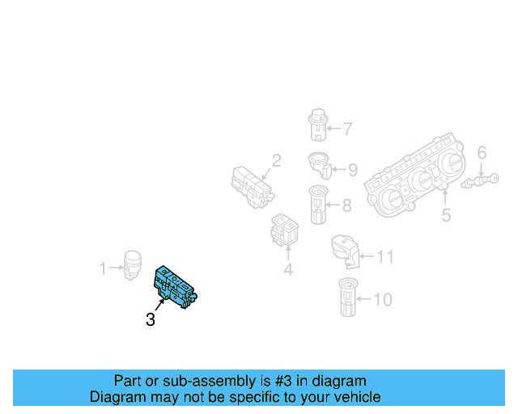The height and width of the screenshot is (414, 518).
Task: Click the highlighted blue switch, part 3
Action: click(176, 285)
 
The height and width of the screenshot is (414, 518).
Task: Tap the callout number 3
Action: click(151, 320)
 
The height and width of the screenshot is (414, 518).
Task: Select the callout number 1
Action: click(103, 268)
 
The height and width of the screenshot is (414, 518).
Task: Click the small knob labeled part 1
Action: click(131, 265)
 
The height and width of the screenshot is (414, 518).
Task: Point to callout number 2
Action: click(276, 161)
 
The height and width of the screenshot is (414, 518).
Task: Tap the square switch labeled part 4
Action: click(284, 229)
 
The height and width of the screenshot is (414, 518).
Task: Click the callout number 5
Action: click(446, 215)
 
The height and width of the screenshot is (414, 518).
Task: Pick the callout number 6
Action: click(482, 153)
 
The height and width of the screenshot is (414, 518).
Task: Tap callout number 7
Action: click(347, 129)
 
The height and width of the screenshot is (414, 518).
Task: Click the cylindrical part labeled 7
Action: click(318, 125)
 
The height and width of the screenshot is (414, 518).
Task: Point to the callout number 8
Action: click(346, 205)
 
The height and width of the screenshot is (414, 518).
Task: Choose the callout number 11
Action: click(385, 257)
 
